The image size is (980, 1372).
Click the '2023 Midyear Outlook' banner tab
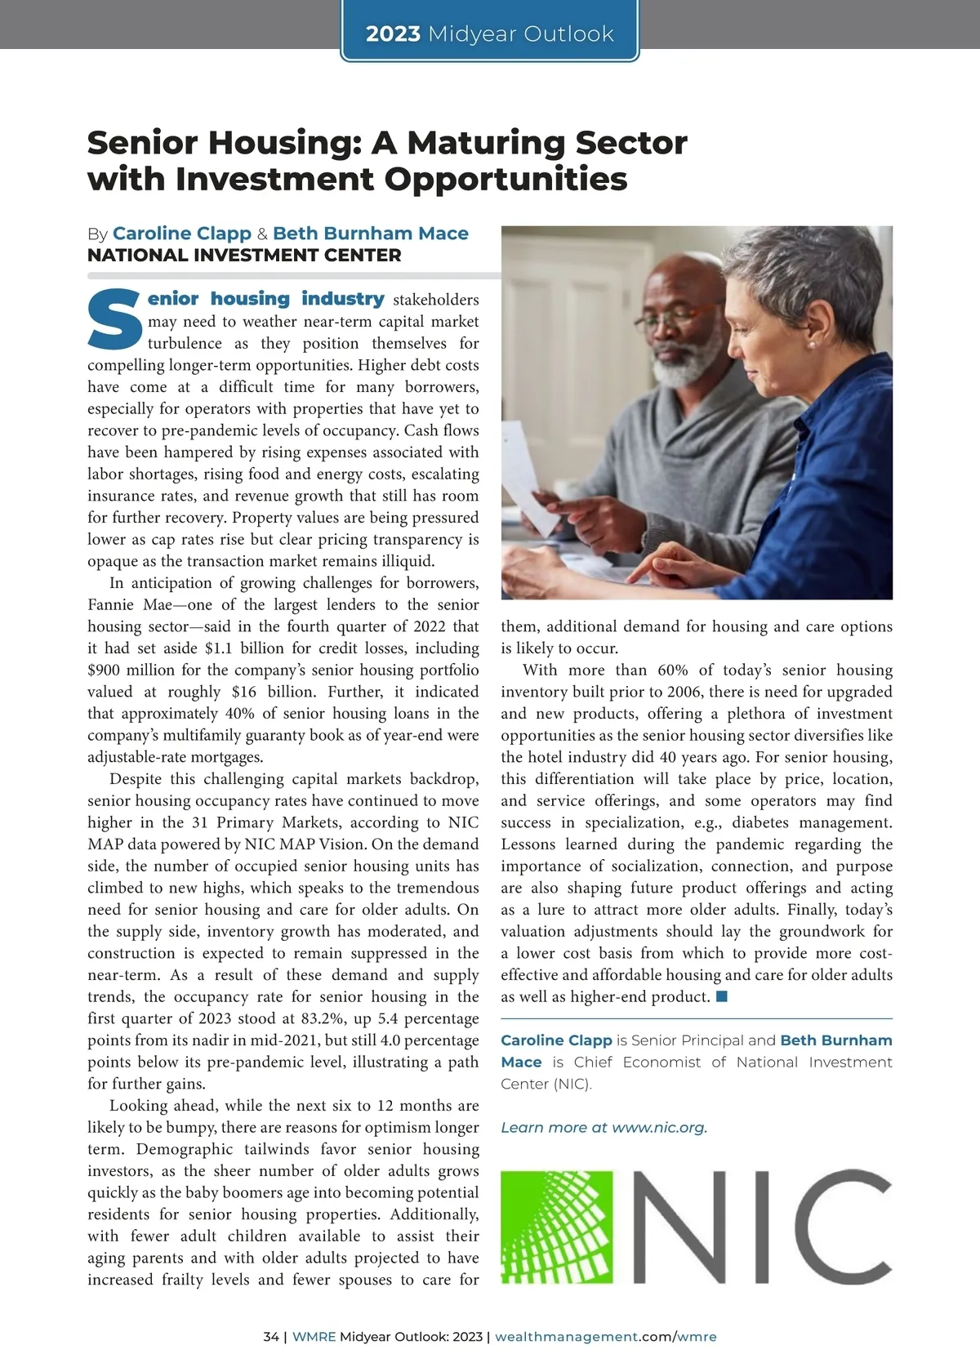pyautogui.click(x=489, y=33)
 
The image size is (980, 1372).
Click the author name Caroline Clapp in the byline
pyautogui.click(x=181, y=234)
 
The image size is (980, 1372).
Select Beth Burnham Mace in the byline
pyautogui.click(x=370, y=234)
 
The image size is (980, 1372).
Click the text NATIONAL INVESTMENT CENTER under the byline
pyautogui.click(x=244, y=256)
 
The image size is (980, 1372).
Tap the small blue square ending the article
pyautogui.click(x=721, y=996)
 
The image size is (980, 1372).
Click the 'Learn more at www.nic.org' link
pyautogui.click(x=604, y=1128)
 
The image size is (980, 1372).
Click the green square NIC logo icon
pyautogui.click(x=557, y=1227)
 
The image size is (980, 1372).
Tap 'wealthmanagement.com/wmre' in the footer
pyautogui.click(x=605, y=1337)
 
